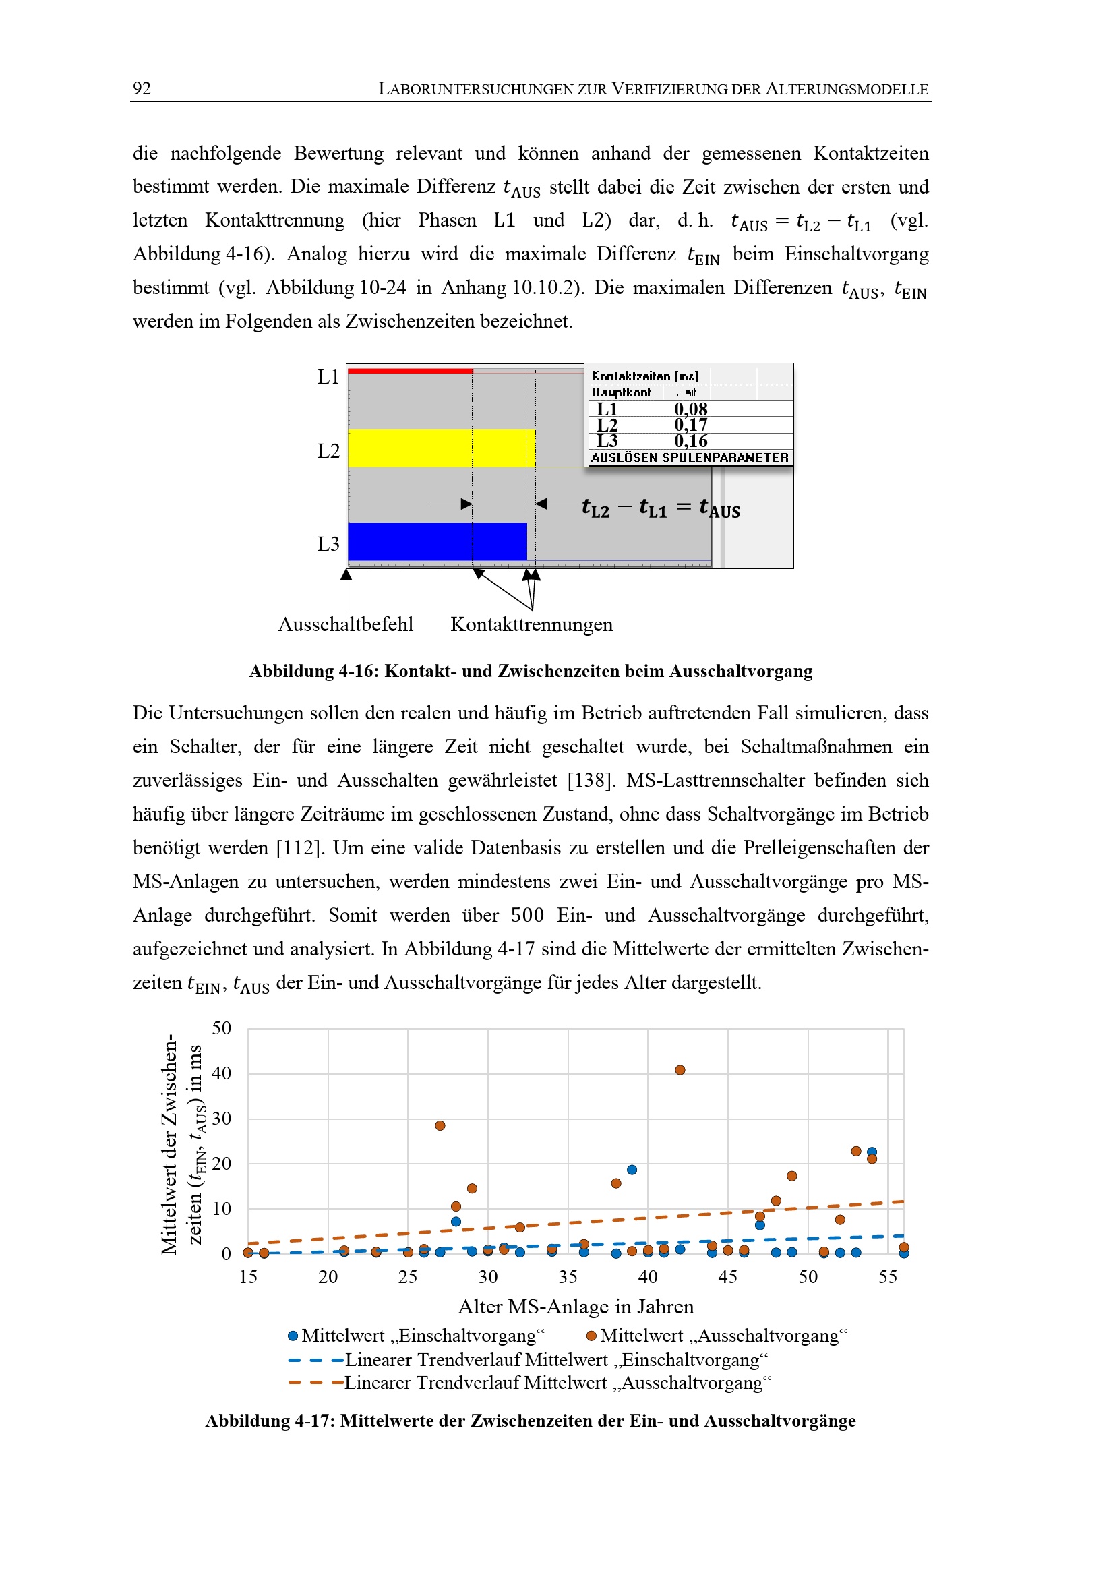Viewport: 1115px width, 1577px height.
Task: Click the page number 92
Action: click(x=142, y=88)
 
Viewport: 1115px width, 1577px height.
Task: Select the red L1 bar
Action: click(x=410, y=371)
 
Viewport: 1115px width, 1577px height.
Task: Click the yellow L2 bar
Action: click(x=441, y=448)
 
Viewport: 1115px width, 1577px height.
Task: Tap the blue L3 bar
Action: click(x=437, y=541)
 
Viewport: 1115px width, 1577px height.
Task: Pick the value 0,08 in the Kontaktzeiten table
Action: click(x=690, y=409)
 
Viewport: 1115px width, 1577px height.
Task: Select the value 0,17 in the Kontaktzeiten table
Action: click(x=690, y=425)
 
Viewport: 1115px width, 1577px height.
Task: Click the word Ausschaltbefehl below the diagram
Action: click(x=345, y=624)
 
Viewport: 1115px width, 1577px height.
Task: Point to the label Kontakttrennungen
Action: click(x=531, y=624)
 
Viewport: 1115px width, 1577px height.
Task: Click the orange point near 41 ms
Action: click(x=680, y=1070)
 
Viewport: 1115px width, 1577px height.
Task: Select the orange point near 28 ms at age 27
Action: click(x=440, y=1126)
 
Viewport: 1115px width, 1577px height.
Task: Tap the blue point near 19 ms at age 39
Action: click(x=632, y=1170)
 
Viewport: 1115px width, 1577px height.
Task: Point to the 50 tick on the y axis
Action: click(x=221, y=1028)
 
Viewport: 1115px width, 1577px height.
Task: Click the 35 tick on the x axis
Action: click(x=568, y=1277)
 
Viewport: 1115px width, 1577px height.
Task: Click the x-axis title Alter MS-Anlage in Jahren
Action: click(x=575, y=1307)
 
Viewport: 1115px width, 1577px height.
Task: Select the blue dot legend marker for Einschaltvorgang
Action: click(x=293, y=1336)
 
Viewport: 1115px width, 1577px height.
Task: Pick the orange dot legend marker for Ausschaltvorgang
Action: click(x=591, y=1336)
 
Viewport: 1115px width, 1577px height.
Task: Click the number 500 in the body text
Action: click(x=526, y=915)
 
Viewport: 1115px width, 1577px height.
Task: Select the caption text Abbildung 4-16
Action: click(x=313, y=671)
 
